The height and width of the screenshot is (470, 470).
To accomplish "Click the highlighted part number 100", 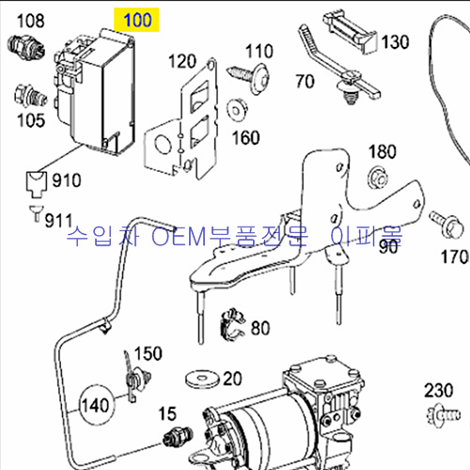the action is coord(137,20).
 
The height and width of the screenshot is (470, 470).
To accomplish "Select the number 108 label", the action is coord(31,21).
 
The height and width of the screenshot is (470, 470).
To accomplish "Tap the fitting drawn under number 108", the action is coord(26,48).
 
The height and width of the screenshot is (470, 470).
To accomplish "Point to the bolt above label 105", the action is coord(31,96).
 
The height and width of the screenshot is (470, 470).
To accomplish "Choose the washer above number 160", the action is coord(237,110).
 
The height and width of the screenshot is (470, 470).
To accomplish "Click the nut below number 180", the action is coord(378,178).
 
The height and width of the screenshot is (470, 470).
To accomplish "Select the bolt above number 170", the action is coord(446,224).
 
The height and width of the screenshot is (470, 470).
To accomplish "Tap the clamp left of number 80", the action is coord(232,325).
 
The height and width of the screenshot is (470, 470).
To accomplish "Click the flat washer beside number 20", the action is coord(202,379).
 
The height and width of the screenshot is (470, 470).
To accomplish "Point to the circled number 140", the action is coord(96,405).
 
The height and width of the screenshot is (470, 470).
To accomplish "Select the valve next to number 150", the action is coord(135,379).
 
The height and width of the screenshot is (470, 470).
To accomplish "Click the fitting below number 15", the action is coord(178,437).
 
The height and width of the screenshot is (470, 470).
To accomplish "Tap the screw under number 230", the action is coord(443,415).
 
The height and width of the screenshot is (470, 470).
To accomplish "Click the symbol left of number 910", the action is coord(36,184).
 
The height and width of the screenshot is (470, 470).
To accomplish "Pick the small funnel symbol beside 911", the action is coord(37,213).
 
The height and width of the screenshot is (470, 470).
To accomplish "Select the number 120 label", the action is coord(182,61).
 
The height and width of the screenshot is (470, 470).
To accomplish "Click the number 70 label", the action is coord(305,82).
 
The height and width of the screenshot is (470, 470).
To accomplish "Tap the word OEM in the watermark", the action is coord(180,236).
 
